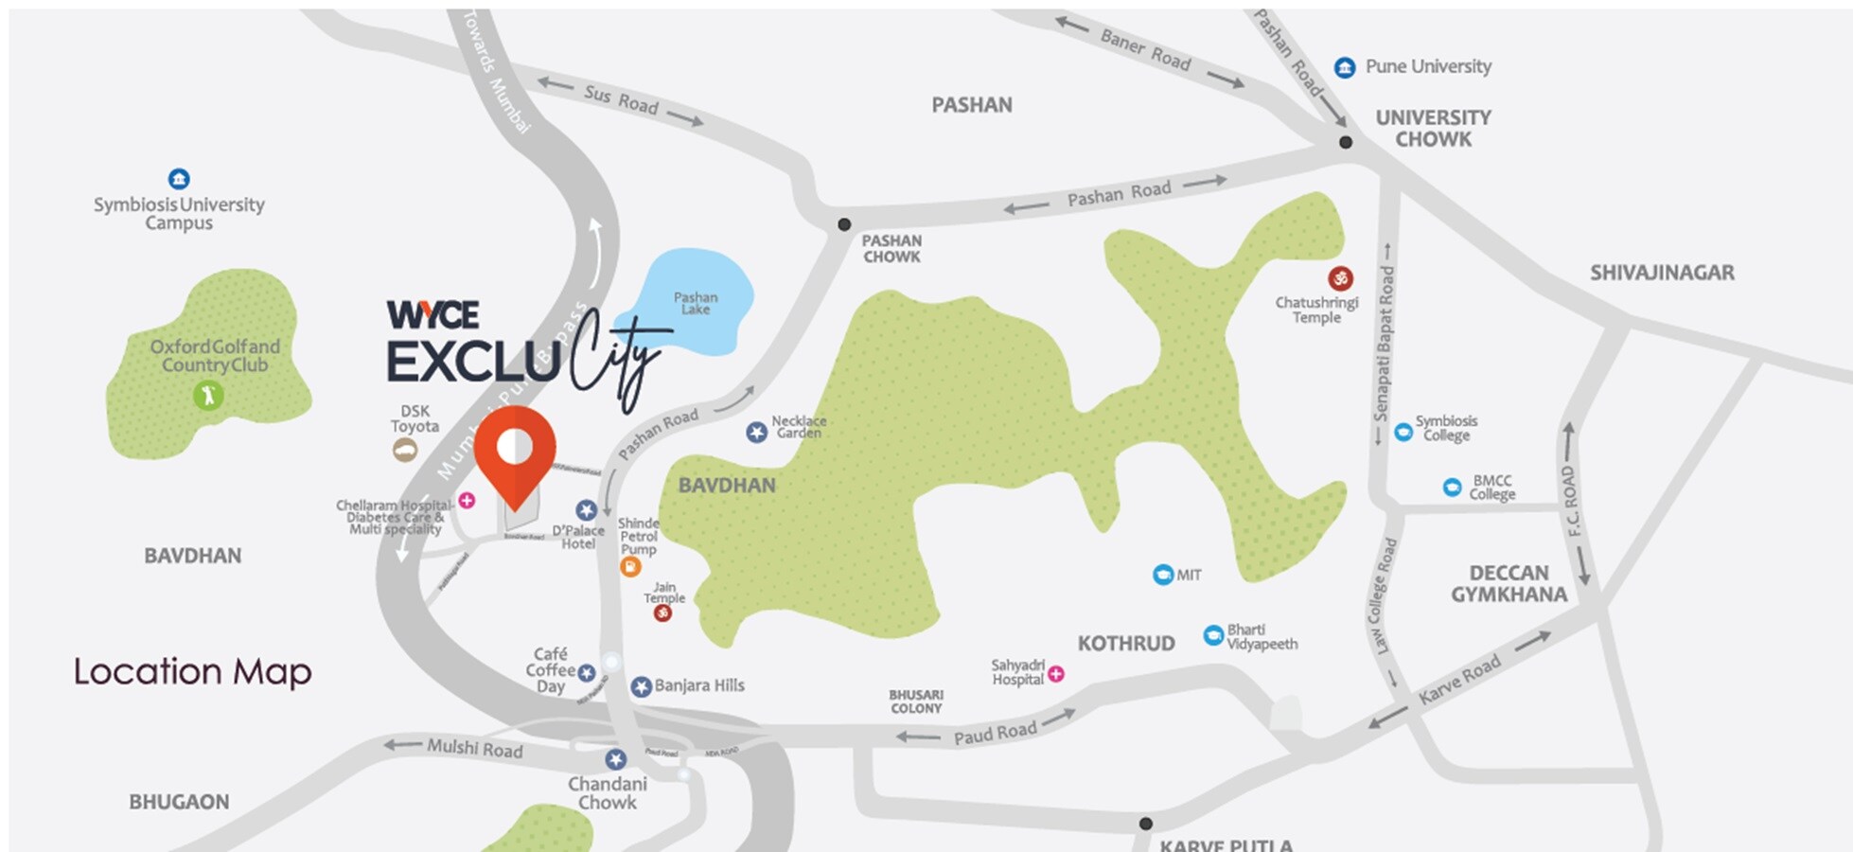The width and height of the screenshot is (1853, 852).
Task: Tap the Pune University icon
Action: pyautogui.click(x=1345, y=67)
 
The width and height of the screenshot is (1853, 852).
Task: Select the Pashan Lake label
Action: pyautogui.click(x=696, y=303)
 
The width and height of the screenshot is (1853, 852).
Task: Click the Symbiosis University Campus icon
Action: pyautogui.click(x=179, y=179)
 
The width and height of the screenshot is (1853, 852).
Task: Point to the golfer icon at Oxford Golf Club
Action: pyautogui.click(x=208, y=395)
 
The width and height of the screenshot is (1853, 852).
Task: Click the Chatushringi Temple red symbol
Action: pyautogui.click(x=1340, y=278)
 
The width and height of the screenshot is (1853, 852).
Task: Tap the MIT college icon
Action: pyautogui.click(x=1163, y=575)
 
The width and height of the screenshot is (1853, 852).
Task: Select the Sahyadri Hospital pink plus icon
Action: pyautogui.click(x=1056, y=673)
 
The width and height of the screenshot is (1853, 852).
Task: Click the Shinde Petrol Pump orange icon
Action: pyautogui.click(x=630, y=566)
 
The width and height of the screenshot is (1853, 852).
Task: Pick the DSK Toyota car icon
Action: pyautogui.click(x=405, y=451)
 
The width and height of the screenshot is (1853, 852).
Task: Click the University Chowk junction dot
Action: pyautogui.click(x=1345, y=142)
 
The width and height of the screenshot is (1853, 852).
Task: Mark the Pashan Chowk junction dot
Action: pyautogui.click(x=844, y=224)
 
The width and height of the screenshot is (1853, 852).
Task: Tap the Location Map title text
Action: pyautogui.click(x=193, y=671)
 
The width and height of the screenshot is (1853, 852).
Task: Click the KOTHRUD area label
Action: pyautogui.click(x=1126, y=644)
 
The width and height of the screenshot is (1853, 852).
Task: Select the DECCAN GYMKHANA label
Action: pyautogui.click(x=1509, y=584)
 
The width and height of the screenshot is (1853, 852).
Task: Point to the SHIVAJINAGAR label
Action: pyautogui.click(x=1662, y=273)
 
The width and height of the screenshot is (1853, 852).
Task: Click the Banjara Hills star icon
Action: pyautogui.click(x=641, y=686)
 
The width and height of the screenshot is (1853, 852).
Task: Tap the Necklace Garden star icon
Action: pyautogui.click(x=756, y=433)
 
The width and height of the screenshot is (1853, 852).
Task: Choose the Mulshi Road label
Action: pyautogui.click(x=474, y=749)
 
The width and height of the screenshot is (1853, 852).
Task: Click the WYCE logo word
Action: pyautogui.click(x=432, y=314)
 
